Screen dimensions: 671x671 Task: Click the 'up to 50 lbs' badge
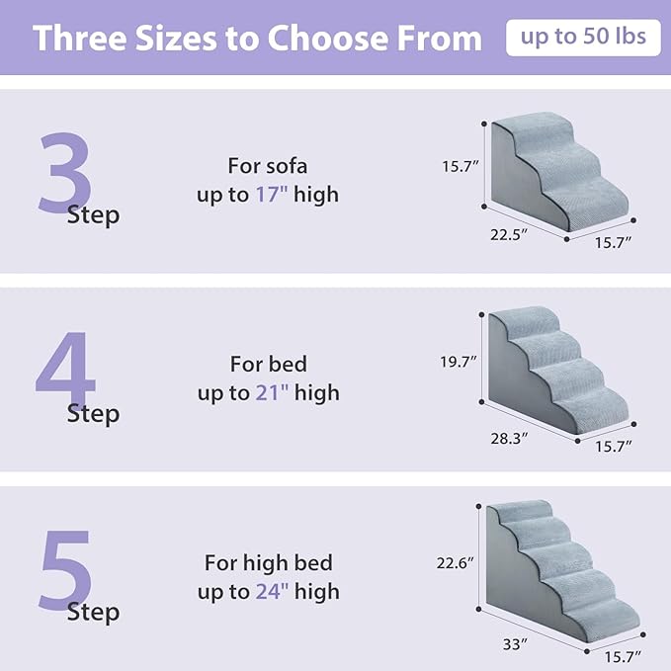583,38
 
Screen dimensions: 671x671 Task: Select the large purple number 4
65,375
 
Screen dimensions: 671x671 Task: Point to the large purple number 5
65,570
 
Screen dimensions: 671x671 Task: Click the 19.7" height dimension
460,363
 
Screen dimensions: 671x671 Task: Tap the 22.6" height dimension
457,562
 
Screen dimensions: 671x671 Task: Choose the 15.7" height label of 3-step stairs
461,167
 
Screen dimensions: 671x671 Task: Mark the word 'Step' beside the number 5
93,613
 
